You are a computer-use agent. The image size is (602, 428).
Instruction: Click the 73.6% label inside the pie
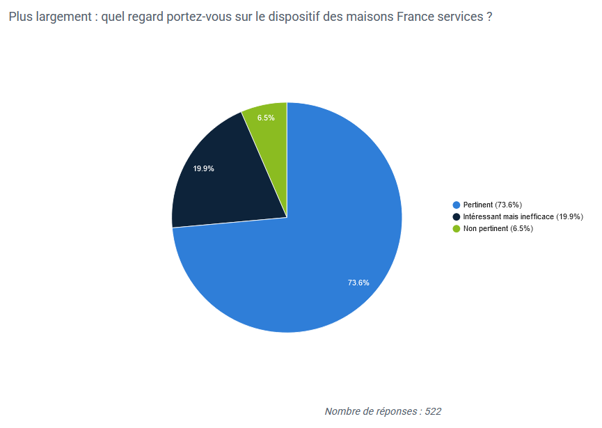[358, 283]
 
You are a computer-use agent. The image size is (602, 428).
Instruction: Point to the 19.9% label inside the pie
[203, 168]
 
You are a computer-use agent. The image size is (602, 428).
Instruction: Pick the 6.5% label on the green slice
[266, 118]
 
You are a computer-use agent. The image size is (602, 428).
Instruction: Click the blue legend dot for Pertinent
[457, 205]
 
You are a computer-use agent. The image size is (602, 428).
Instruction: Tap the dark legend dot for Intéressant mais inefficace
[457, 217]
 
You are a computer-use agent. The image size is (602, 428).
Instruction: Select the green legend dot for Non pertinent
[457, 229]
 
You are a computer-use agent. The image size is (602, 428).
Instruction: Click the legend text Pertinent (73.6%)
[493, 205]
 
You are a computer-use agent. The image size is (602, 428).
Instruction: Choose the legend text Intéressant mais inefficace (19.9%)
[523, 217]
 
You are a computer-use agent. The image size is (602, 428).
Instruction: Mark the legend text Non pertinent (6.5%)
[498, 229]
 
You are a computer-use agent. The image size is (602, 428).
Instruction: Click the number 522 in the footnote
[433, 411]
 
